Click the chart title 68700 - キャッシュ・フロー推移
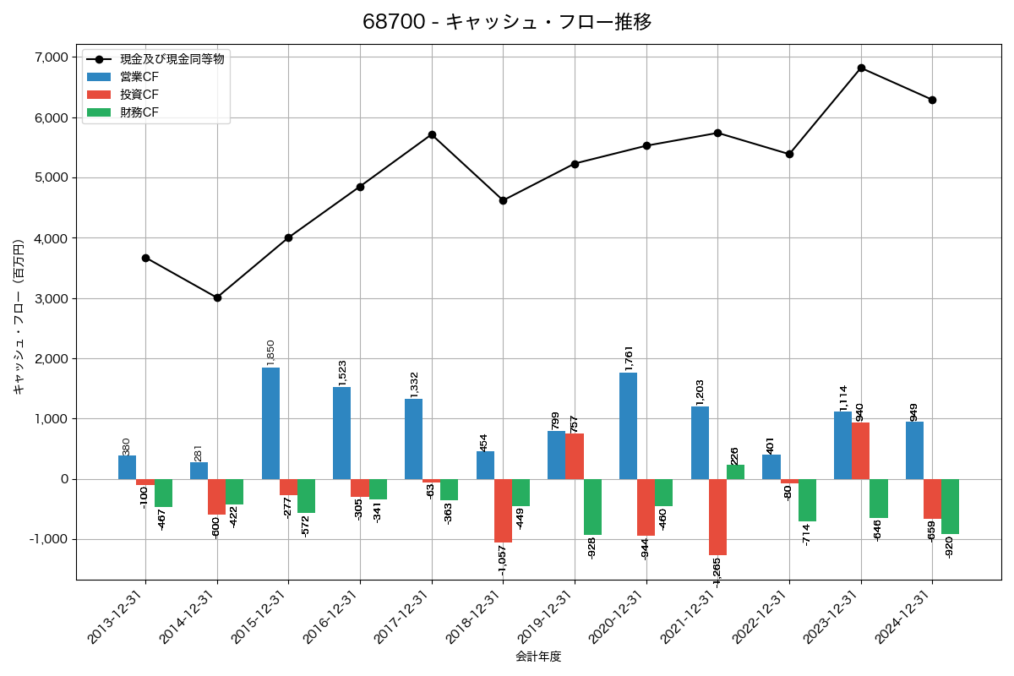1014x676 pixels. (507, 22)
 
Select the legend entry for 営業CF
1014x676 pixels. (139, 77)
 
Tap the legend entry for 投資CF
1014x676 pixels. (139, 95)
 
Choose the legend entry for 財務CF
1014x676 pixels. (139, 112)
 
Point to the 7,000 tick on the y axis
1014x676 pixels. (52, 57)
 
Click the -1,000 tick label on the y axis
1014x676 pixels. (50, 540)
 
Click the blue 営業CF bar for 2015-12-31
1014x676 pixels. (270, 423)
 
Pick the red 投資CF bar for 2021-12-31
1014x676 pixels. (717, 517)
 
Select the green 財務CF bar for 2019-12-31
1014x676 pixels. (592, 507)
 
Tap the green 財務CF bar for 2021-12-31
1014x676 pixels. (735, 472)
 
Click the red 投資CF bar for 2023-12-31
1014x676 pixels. (860, 451)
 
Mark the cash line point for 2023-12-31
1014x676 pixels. (861, 68)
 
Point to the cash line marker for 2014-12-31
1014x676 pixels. (217, 297)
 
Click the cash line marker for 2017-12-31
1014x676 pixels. (432, 134)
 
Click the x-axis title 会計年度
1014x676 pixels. (538, 657)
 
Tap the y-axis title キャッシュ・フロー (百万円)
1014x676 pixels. (19, 318)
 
